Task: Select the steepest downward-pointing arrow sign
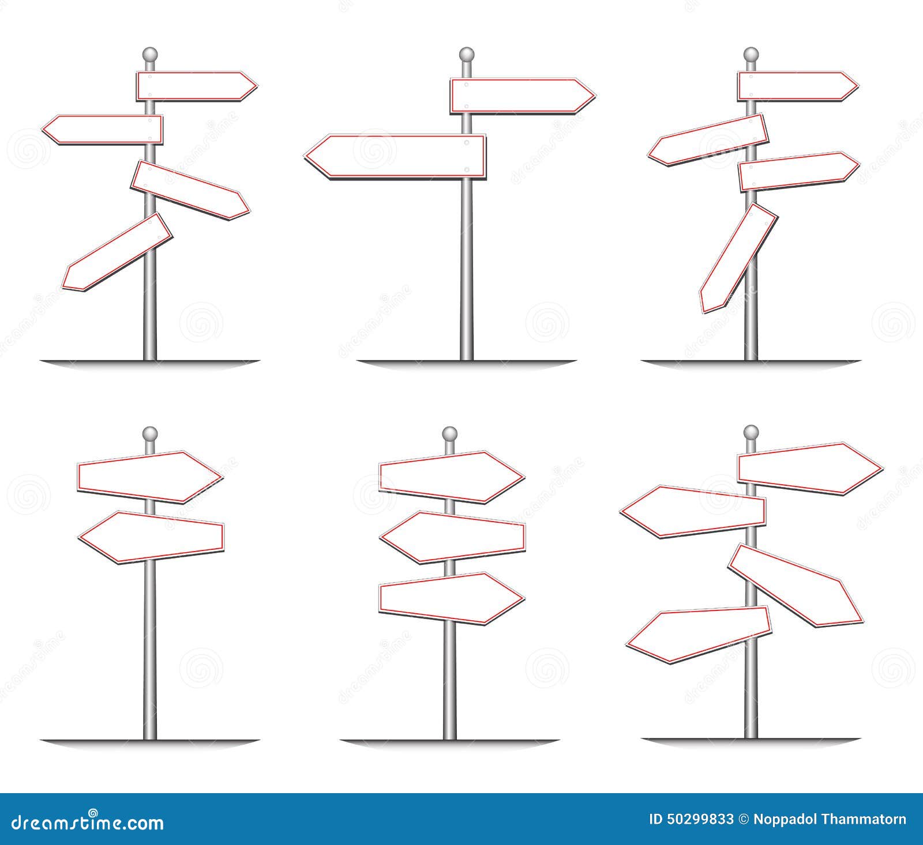coord(738,258)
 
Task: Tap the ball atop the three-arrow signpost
coord(449,433)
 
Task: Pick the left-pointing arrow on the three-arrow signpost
coord(452,537)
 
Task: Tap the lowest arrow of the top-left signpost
coord(118,252)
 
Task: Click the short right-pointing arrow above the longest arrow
coord(521,96)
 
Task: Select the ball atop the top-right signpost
coord(750,55)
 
